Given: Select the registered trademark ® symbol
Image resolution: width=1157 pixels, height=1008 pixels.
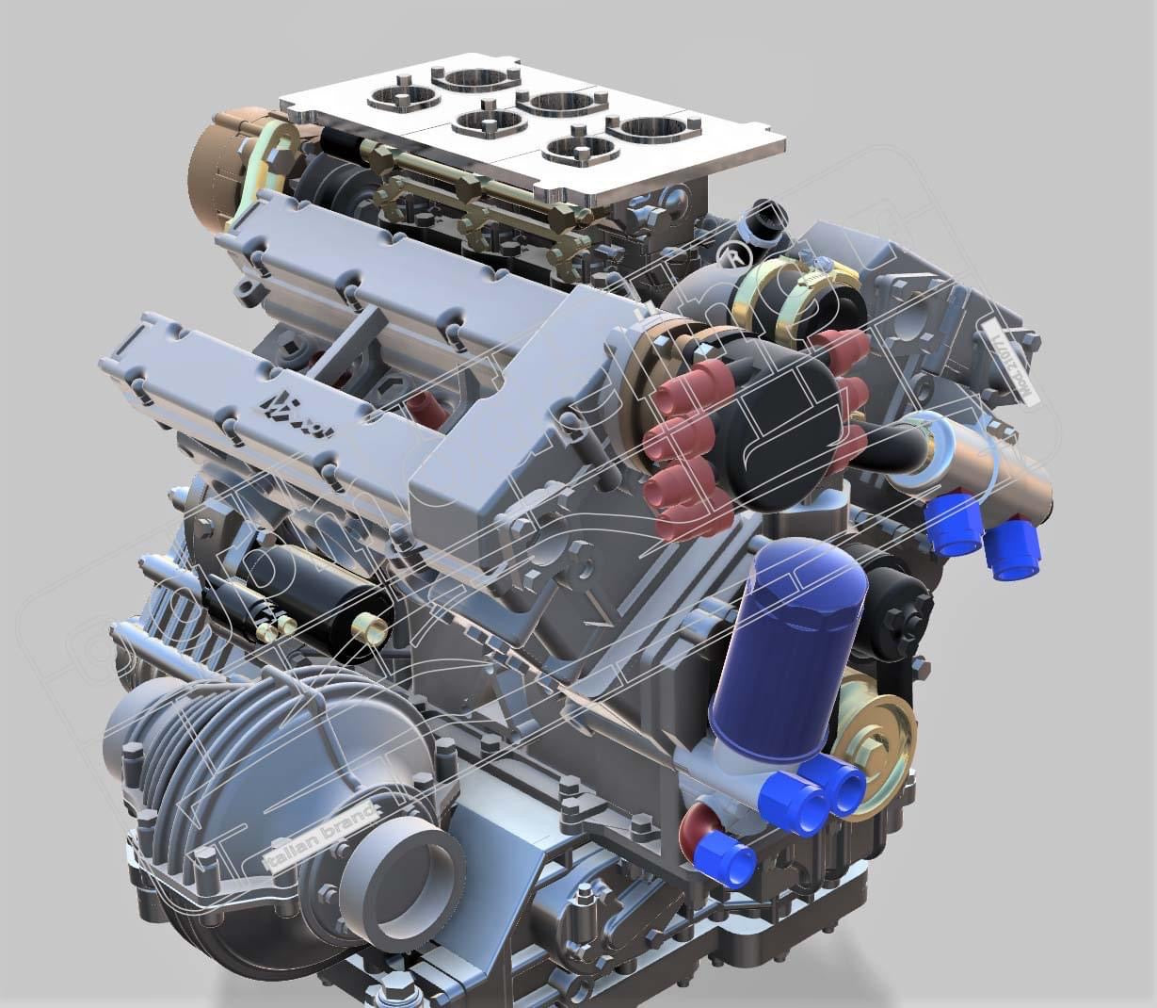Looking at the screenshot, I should [x=731, y=253].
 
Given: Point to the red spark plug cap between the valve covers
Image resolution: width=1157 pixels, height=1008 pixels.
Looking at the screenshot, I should [x=424, y=406].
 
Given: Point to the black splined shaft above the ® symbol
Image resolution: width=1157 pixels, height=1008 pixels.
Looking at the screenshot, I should [x=763, y=221].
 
